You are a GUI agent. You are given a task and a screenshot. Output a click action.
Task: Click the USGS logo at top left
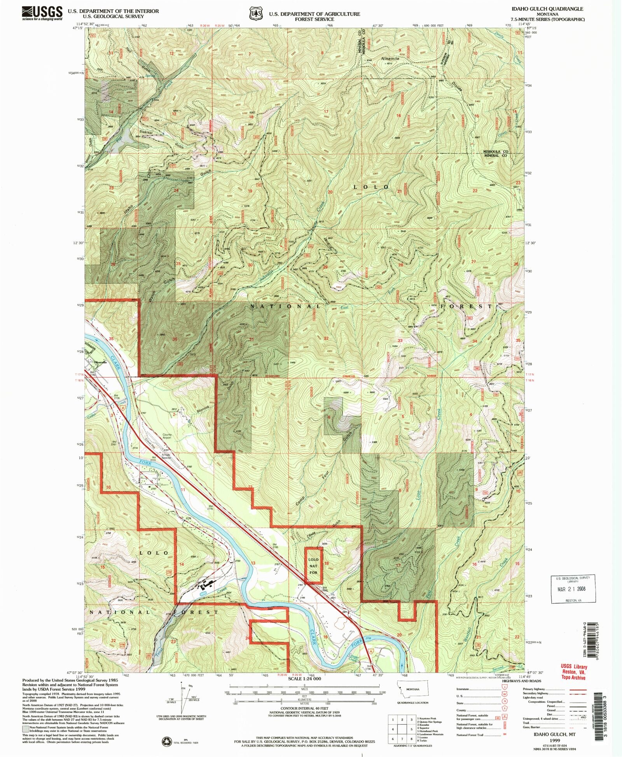[x=42, y=13]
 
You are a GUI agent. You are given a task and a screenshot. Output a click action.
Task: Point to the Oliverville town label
[x=100, y=362]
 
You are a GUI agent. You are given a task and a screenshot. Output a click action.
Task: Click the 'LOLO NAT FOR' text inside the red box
[x=313, y=566]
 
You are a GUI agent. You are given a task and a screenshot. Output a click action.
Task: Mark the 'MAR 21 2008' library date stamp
[x=571, y=589]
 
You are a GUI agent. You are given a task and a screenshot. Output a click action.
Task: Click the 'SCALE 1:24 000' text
[x=304, y=679]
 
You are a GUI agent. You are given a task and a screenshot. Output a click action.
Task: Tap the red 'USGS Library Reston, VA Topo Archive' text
[x=574, y=672]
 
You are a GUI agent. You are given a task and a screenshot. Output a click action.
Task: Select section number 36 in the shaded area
[x=175, y=339]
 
